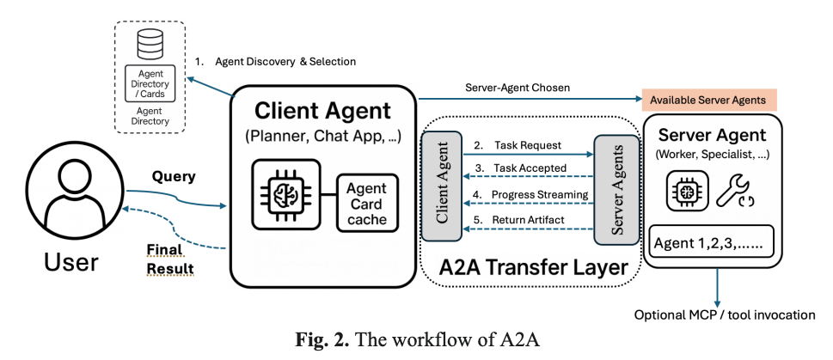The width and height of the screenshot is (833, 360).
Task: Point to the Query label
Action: pyautogui.click(x=174, y=176)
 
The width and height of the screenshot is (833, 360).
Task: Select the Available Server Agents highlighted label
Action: pyautogui.click(x=708, y=100)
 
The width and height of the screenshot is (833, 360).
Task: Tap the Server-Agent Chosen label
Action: pyautogui.click(x=516, y=88)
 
